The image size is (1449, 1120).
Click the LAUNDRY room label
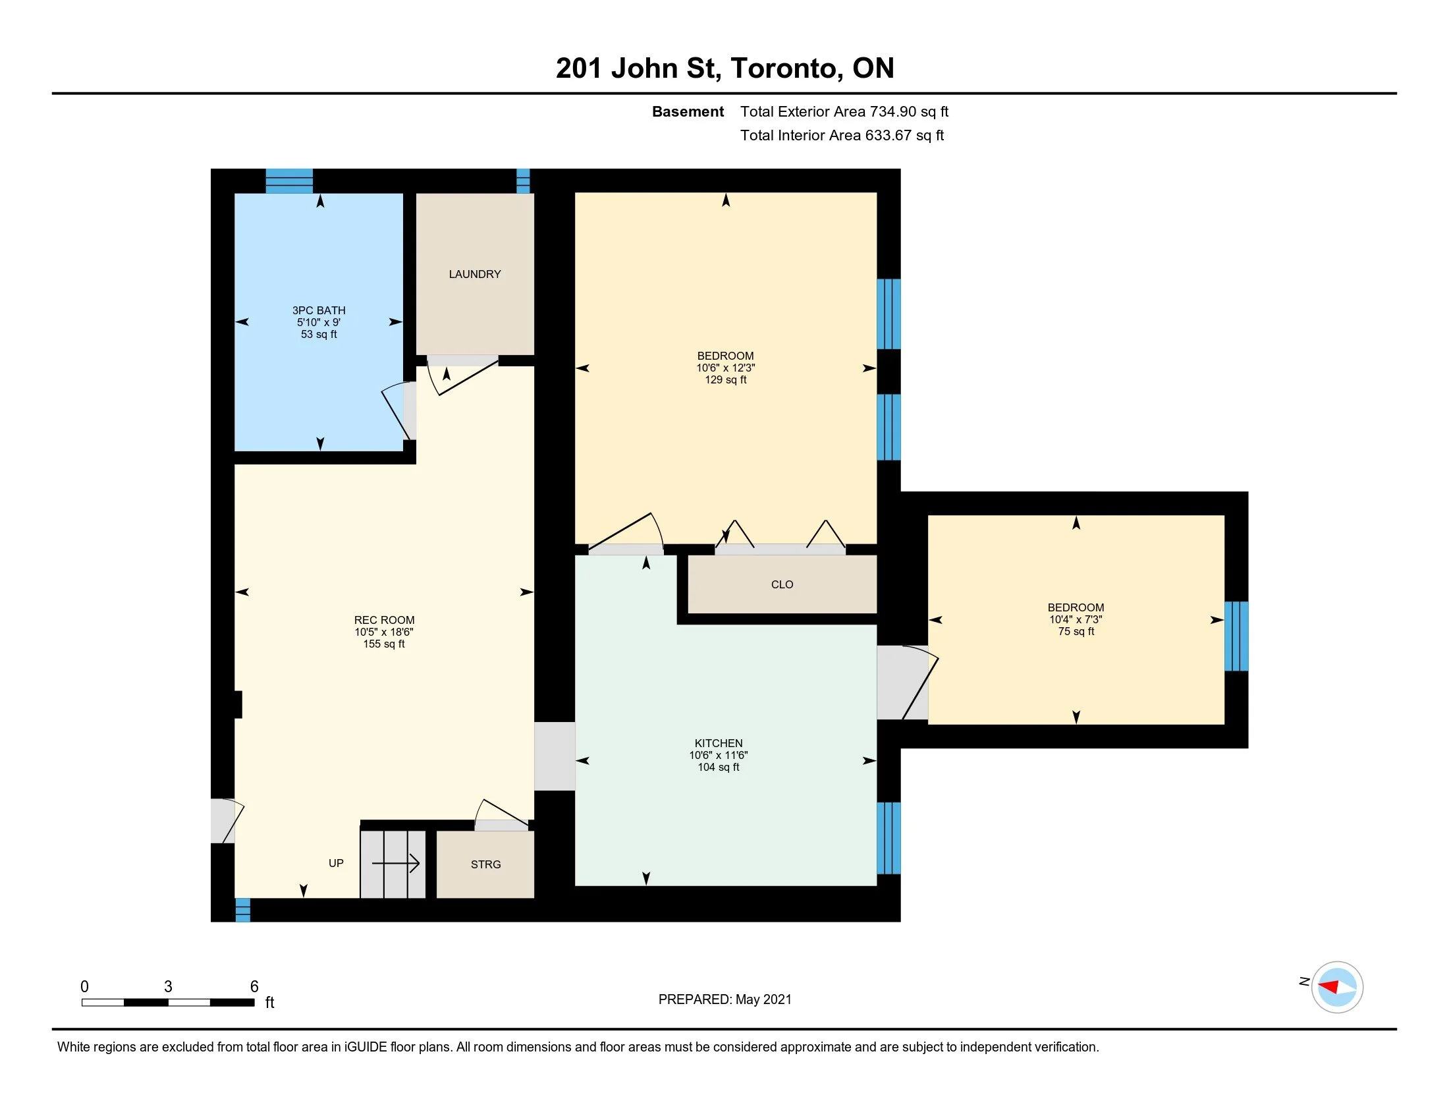pos(474,274)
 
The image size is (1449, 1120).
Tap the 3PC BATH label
pos(319,310)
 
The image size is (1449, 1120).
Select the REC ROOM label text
pos(384,621)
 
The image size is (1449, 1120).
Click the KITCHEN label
pos(719,743)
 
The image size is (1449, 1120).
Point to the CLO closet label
pos(782,584)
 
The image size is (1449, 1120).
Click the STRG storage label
pos(485,864)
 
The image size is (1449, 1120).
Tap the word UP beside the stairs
pos(336,863)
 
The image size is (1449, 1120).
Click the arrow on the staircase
pos(395,863)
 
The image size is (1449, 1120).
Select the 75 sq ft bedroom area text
pos(1076,632)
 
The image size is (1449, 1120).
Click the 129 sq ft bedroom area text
pos(726,380)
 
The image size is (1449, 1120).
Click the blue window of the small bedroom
pos(1236,636)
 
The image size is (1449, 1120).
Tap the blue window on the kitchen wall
pos(889,838)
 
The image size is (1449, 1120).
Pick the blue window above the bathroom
pos(289,181)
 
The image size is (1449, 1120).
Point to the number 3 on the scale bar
pos(168,987)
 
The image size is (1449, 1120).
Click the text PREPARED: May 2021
pos(724,999)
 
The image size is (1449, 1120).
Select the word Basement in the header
pos(688,111)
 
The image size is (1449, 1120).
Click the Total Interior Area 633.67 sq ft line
pos(842,135)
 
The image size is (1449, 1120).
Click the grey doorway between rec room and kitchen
pos(555,756)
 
